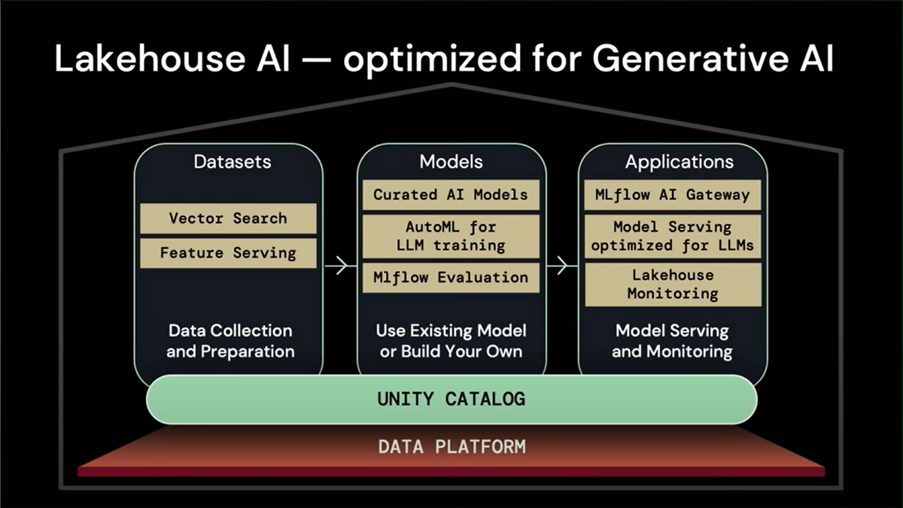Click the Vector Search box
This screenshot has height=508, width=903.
(x=228, y=218)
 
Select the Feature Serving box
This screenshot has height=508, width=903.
(x=228, y=253)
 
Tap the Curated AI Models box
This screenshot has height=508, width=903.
(x=451, y=195)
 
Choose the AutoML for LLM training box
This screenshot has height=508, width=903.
(x=451, y=236)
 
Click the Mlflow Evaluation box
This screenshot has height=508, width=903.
(x=451, y=278)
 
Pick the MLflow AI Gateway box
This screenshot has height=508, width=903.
(x=673, y=195)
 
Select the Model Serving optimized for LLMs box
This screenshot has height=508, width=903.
(x=673, y=236)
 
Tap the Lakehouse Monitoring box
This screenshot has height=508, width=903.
(x=673, y=284)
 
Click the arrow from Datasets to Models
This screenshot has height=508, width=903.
(x=340, y=266)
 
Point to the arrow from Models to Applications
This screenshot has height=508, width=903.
(x=562, y=266)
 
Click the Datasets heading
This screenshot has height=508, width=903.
(x=233, y=162)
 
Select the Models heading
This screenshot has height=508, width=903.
(x=451, y=162)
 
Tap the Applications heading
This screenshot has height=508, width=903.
(x=680, y=163)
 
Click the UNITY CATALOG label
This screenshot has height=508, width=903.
(x=451, y=399)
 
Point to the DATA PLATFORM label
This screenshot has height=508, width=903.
(x=452, y=447)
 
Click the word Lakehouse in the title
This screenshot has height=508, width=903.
(x=150, y=59)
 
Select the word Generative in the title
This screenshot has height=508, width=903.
(x=690, y=59)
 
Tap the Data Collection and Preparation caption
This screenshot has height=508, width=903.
(x=230, y=341)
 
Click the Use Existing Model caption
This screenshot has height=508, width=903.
(x=451, y=330)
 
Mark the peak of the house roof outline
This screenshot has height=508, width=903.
(x=452, y=84)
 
